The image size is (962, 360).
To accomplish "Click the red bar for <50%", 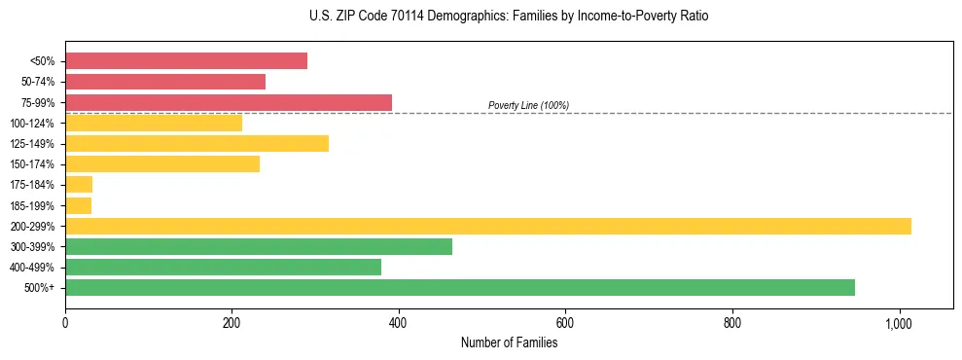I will click(x=186, y=61).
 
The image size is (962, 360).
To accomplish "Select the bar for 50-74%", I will click(x=165, y=82).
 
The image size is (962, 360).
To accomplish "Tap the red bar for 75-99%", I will click(x=229, y=102).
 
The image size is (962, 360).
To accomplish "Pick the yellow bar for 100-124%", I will click(x=154, y=124).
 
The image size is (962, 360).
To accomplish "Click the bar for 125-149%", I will click(x=196, y=144).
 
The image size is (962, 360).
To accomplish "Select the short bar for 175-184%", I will click(x=79, y=185).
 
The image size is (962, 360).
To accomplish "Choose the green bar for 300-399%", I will click(x=259, y=246).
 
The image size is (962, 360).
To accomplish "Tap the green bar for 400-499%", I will click(x=223, y=268).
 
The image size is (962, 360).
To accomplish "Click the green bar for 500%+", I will click(x=460, y=288).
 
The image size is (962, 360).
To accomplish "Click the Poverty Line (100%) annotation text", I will click(x=528, y=105).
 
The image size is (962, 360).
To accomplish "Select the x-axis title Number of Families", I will click(x=509, y=342).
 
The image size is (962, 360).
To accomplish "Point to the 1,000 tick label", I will click(x=899, y=323).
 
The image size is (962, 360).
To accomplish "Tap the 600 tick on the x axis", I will click(x=565, y=323).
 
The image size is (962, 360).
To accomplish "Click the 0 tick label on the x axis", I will click(x=65, y=323).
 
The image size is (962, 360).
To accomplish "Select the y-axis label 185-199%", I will click(x=32, y=205).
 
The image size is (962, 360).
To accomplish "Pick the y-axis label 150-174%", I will click(x=32, y=164).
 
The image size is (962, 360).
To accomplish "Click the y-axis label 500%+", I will click(x=39, y=288).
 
